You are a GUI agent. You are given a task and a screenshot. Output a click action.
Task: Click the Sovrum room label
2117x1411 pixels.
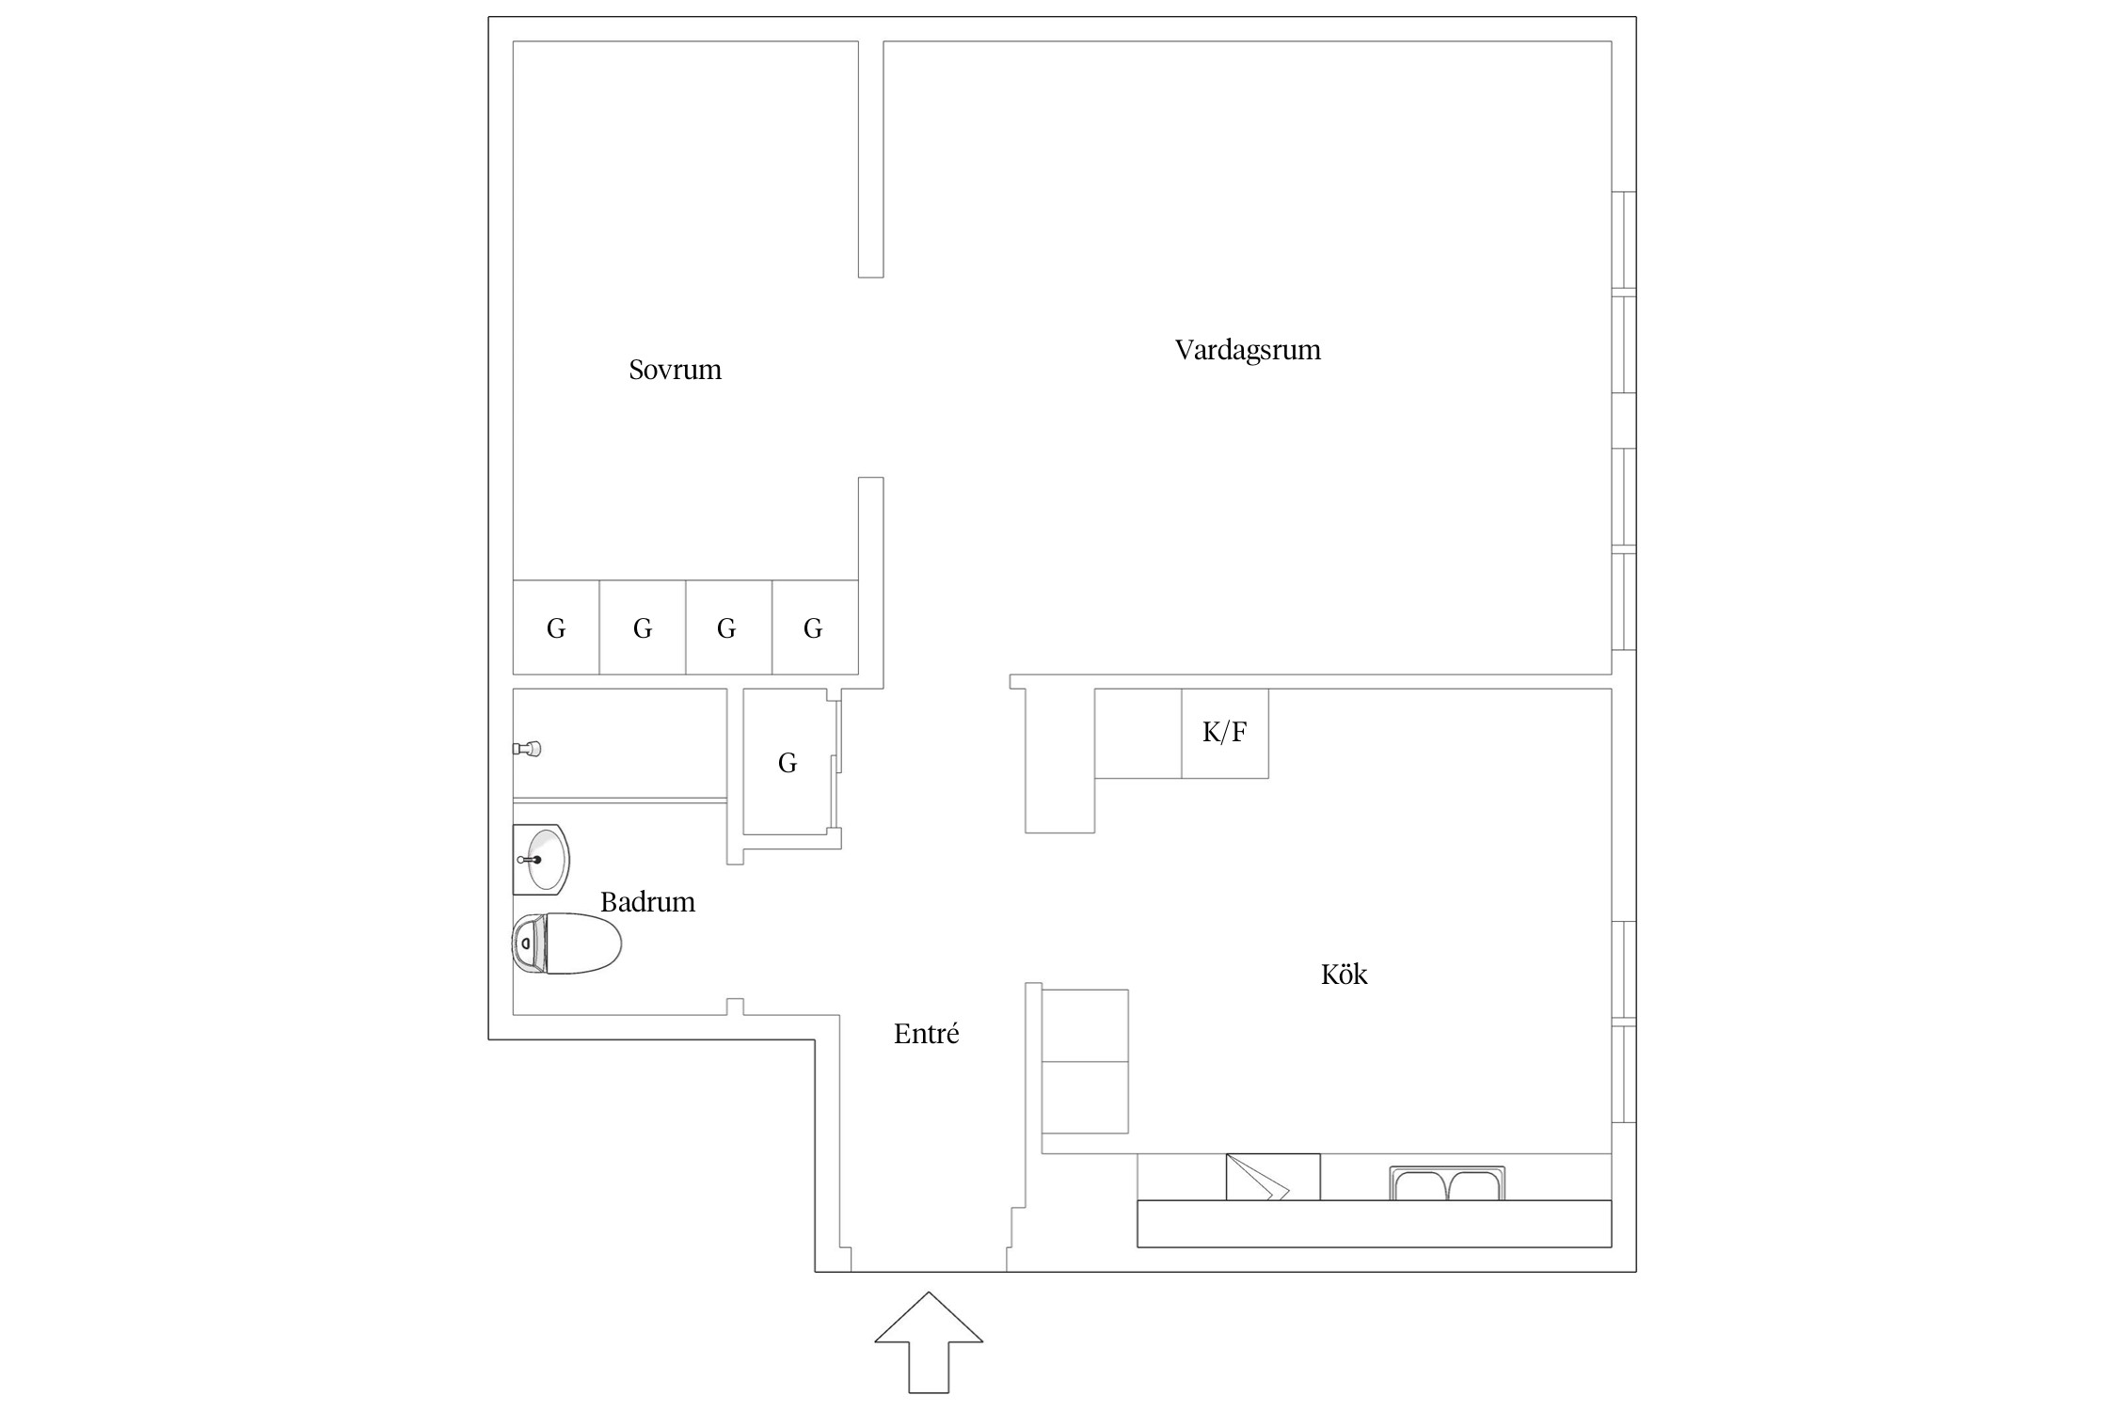pos(675,370)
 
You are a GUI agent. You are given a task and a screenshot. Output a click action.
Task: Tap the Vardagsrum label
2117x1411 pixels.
pos(1248,350)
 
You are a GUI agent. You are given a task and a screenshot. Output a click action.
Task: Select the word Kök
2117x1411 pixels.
pos(1344,975)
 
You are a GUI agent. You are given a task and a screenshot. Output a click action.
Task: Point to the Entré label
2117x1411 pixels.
pos(926,1035)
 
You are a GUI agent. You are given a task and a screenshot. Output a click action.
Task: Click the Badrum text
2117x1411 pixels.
pos(647,902)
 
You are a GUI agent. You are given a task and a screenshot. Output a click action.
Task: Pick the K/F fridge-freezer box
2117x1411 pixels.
pos(1224,733)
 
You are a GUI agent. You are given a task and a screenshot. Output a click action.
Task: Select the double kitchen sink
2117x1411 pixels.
pos(1447,1183)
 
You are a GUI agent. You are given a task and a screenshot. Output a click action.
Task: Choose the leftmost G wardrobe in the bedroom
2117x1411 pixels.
pos(556,627)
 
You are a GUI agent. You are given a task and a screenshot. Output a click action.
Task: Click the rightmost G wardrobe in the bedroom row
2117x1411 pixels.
pos(814,627)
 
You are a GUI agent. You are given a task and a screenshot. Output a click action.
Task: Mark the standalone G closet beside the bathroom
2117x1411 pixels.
pos(787,763)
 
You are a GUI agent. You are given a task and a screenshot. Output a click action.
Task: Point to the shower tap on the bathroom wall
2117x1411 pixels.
pos(527,749)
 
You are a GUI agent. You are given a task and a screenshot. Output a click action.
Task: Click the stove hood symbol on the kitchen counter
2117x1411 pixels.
pos(1271,1177)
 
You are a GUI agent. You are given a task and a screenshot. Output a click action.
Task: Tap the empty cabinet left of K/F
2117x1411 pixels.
pos(1138,733)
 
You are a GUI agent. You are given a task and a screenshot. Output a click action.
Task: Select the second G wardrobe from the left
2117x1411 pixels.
pos(643,627)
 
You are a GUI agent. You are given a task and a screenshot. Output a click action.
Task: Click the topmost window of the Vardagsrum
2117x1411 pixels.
pos(1624,240)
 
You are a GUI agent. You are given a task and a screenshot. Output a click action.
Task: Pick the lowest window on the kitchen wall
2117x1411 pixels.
pos(1624,1073)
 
